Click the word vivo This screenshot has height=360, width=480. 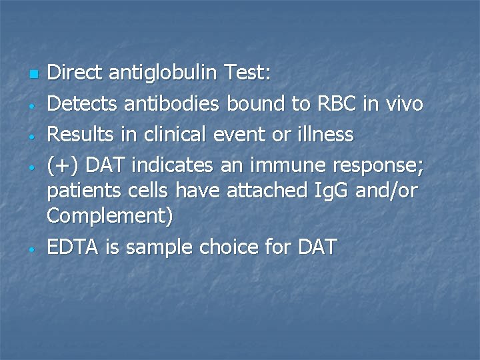(404, 104)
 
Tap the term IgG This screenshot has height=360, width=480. (331, 191)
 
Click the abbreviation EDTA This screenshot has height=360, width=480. (73, 247)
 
